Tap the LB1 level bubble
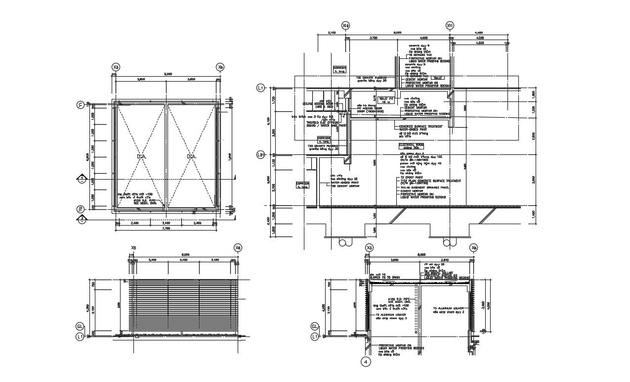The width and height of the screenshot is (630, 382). (260, 154)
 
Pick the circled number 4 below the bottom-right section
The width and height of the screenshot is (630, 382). (366, 362)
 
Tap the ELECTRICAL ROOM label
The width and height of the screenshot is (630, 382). (412, 144)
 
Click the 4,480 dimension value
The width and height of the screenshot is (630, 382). (478, 33)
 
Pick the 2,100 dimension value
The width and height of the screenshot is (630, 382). (332, 33)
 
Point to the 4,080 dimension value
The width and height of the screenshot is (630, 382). (479, 43)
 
